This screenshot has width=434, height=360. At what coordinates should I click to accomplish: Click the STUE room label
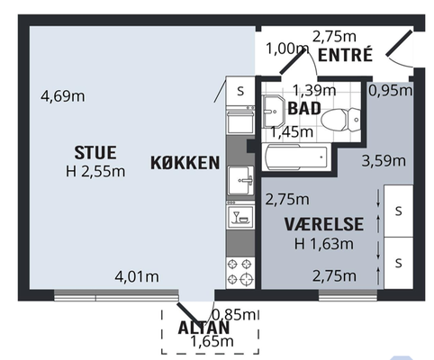click(95, 153)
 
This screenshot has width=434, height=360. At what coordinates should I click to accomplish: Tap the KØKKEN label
click(185, 163)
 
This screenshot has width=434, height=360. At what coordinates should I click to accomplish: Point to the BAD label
click(304, 108)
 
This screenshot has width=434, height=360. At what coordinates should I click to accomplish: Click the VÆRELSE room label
click(324, 224)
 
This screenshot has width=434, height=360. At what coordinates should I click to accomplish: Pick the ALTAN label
click(203, 328)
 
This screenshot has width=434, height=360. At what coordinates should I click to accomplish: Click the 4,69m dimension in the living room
click(63, 96)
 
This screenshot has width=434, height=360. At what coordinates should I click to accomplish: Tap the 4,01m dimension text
click(137, 276)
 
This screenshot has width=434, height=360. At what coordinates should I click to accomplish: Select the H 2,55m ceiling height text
click(95, 172)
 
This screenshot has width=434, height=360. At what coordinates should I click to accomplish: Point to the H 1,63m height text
click(324, 244)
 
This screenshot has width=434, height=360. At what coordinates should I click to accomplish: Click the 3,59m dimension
click(384, 161)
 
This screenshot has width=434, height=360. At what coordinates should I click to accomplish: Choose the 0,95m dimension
click(391, 90)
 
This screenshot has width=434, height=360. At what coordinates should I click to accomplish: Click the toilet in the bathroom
click(340, 120)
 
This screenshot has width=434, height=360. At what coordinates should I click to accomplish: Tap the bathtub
click(296, 157)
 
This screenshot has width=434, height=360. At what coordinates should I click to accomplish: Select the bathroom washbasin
click(274, 112)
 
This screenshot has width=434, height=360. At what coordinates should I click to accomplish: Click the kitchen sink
click(240, 181)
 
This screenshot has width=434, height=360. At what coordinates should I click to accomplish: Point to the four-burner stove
click(240, 272)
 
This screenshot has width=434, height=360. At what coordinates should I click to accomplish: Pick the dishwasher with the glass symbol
click(240, 214)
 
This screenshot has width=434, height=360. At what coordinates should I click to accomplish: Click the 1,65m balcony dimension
click(212, 341)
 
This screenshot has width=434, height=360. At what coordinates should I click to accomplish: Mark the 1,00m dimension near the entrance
click(287, 49)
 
